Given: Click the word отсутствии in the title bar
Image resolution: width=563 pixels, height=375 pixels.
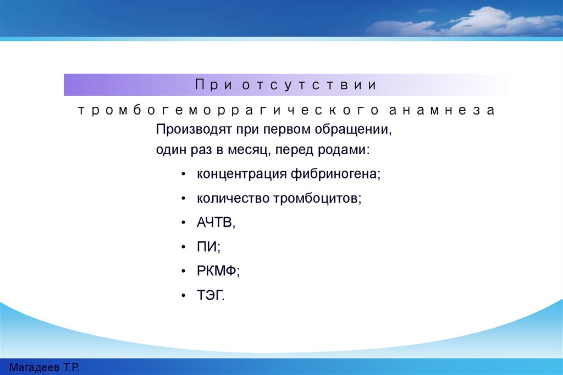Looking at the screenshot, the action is pyautogui.click(x=309, y=85).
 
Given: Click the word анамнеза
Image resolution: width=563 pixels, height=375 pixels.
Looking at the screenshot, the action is pyautogui.click(x=442, y=110).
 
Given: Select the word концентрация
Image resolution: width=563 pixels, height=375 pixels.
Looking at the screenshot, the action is pyautogui.click(x=242, y=175).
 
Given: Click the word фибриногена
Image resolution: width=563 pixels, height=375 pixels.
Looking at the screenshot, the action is pyautogui.click(x=335, y=174).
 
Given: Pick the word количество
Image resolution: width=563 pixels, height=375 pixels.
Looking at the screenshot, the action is pyautogui.click(x=233, y=198).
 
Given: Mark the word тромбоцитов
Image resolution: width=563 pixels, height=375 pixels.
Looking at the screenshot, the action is pyautogui.click(x=317, y=198).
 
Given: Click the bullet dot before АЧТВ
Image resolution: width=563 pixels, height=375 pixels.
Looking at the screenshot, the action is pyautogui.click(x=184, y=223).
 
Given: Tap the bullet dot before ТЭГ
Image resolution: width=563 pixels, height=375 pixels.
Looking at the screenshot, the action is pyautogui.click(x=184, y=296).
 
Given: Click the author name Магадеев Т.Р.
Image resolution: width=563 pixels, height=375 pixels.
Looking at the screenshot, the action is pyautogui.click(x=44, y=367).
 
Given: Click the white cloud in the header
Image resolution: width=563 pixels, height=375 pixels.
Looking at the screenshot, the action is pyautogui.click(x=467, y=22).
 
